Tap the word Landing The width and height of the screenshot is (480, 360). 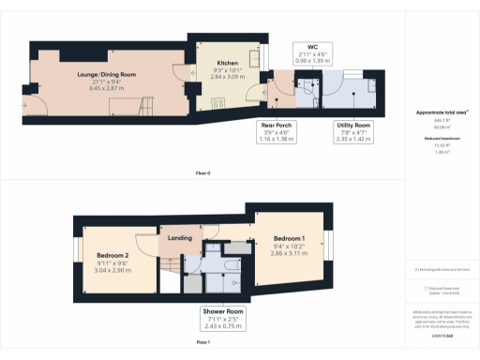[179, 238]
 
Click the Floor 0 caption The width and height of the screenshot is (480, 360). [202, 173]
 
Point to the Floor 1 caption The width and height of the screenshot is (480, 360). [202, 344]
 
